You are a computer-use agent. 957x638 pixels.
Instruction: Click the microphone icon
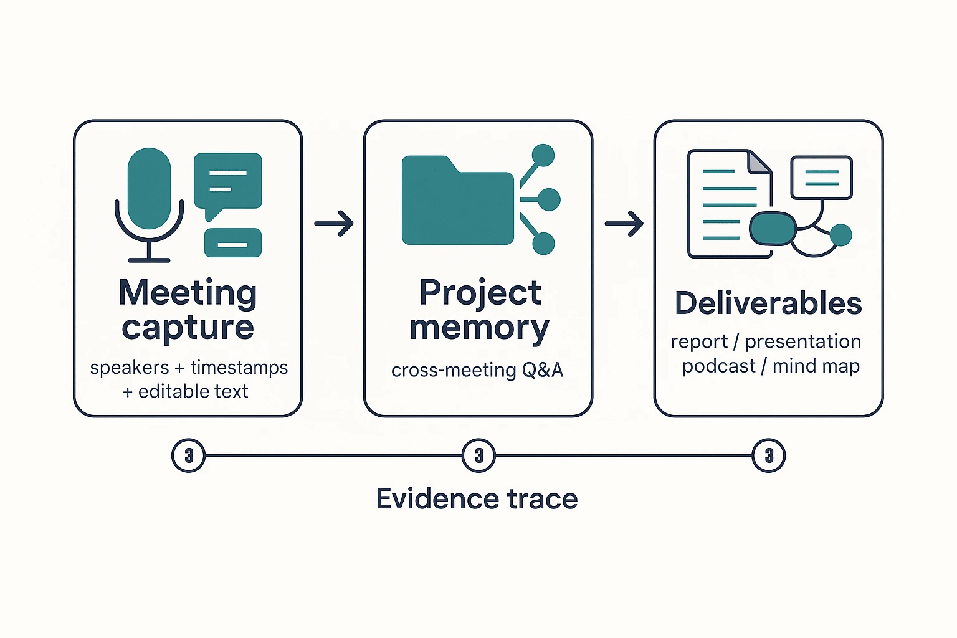coord(149,199)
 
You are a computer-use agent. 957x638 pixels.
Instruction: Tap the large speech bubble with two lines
coord(227,182)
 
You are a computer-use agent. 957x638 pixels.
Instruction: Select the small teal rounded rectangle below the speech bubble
coord(233,243)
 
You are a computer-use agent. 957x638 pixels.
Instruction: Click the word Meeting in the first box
coord(188,293)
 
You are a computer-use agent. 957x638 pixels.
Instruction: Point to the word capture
coord(188,328)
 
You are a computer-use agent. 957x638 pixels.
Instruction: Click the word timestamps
coord(239,368)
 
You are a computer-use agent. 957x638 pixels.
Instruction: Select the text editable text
coord(193,391)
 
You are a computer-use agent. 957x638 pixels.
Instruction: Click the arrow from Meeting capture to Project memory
coord(334,223)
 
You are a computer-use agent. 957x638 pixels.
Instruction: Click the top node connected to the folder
coord(543,156)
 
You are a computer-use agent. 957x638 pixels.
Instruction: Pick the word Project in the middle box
coord(480,293)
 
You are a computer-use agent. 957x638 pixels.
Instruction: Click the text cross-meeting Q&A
coord(477,370)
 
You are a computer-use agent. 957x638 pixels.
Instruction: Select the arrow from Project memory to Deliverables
coord(624,223)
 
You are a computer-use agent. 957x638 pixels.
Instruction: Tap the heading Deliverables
coord(768,303)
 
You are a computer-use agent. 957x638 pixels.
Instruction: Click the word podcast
coord(718,366)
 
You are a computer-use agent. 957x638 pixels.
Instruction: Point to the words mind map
coord(816,366)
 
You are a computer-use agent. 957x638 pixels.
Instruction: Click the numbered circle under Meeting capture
coord(188,456)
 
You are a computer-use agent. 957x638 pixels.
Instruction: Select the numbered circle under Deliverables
coord(769,456)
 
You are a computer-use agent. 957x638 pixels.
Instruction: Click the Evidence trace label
coord(477,499)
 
